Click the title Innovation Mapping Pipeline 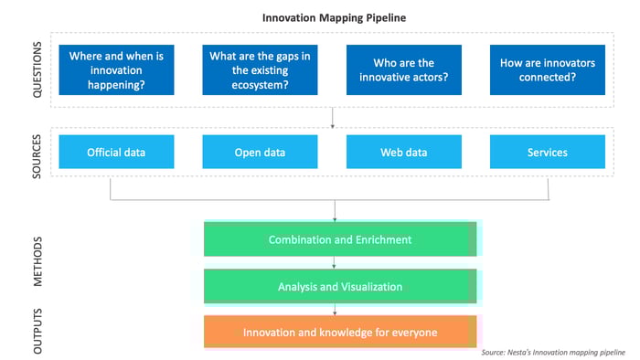point(335,16)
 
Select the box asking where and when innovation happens point(116,70)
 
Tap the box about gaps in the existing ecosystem point(259,70)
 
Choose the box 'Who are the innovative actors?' point(403,70)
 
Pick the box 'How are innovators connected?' point(547,70)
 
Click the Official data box point(116,152)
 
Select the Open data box point(259,152)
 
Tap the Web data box point(403,152)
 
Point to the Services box point(547,152)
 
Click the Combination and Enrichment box point(339,239)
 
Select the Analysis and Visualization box point(339,287)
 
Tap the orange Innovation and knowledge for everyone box point(339,332)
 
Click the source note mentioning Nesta point(553,352)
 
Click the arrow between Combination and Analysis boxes point(336,263)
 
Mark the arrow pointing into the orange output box point(336,310)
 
